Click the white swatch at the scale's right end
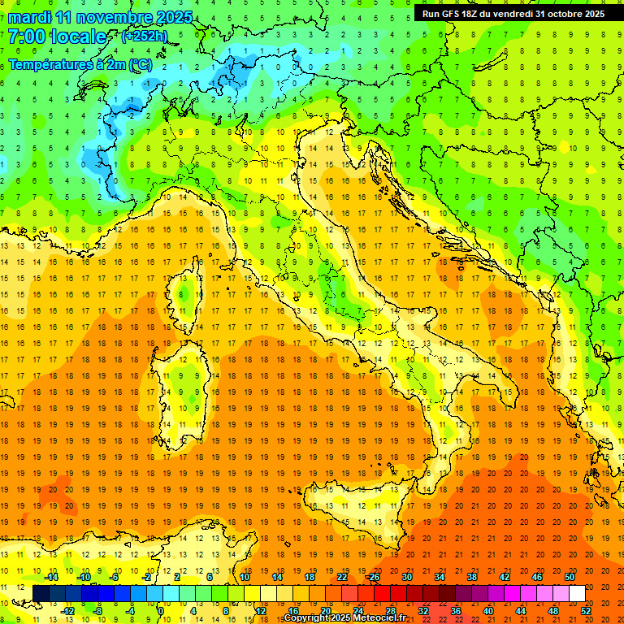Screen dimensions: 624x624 [577, 593]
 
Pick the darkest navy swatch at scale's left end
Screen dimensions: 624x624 [41, 593]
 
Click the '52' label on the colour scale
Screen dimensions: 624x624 [585, 611]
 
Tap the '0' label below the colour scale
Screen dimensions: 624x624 [161, 611]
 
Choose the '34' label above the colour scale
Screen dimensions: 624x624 [439, 577]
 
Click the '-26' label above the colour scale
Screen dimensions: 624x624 [373, 577]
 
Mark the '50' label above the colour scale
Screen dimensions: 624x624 [569, 577]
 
